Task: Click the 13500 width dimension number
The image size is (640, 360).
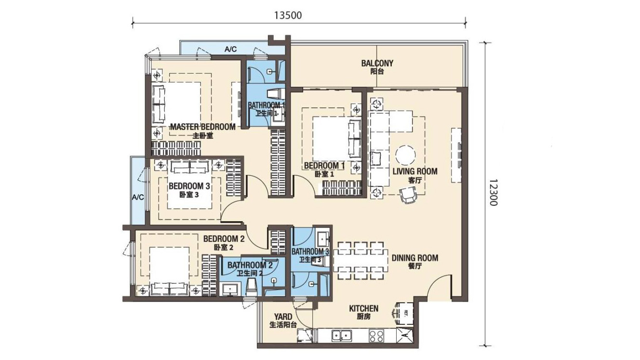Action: tap(288, 15)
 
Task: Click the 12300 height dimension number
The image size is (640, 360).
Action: tap(493, 193)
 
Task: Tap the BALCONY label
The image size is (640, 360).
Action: tap(377, 63)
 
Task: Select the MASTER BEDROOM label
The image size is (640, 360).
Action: tap(203, 127)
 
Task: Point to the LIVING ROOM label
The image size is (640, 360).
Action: tap(415, 172)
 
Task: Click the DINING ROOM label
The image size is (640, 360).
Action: tap(415, 258)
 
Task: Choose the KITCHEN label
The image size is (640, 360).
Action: tap(364, 308)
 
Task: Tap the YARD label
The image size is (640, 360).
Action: tap(283, 317)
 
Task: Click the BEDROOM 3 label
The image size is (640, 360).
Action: tap(189, 187)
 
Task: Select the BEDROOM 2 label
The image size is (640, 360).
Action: tap(224, 239)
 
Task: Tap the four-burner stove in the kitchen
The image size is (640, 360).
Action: tap(376, 336)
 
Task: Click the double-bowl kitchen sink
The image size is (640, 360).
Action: tap(342, 336)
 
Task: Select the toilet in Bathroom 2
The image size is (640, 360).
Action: tap(251, 287)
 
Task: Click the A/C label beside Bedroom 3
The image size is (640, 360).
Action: tap(138, 198)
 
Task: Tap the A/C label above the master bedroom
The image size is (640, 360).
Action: tap(230, 50)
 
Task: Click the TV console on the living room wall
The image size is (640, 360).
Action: tap(456, 155)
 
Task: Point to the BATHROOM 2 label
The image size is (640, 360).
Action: tap(250, 266)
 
